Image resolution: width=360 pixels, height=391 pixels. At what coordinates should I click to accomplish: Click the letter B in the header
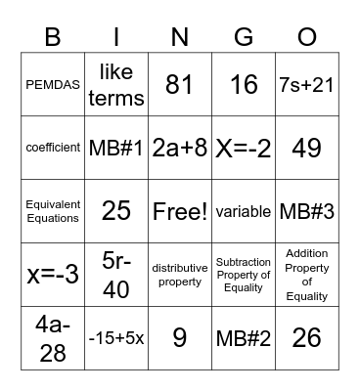[x=53, y=37]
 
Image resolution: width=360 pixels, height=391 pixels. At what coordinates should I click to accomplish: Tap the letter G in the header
[x=244, y=37]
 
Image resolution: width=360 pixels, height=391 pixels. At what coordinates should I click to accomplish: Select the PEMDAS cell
[x=53, y=85]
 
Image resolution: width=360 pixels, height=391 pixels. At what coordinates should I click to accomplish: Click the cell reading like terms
[x=116, y=85]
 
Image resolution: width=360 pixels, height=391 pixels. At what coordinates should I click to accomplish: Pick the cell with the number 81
[x=180, y=85]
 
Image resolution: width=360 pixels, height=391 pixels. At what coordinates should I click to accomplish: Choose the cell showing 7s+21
[x=307, y=85]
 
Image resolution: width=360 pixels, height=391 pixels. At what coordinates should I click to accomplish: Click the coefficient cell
[x=53, y=148]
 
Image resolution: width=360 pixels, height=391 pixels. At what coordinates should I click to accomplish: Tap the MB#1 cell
[x=116, y=148]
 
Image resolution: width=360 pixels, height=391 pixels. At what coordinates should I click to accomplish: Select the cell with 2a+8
[x=180, y=148]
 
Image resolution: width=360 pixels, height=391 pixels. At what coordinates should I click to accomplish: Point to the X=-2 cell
[x=244, y=148]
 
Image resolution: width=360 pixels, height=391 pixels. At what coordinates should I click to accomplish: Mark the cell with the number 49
[x=307, y=148]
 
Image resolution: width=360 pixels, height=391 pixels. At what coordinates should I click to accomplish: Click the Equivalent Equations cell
[x=53, y=211]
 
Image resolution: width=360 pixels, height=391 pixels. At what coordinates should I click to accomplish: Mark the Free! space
[x=180, y=211]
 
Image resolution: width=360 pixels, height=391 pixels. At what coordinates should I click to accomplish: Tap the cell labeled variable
[x=244, y=211]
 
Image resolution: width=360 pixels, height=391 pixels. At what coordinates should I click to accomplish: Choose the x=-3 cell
[x=53, y=275]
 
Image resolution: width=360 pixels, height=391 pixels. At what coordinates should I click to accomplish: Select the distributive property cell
[x=180, y=275]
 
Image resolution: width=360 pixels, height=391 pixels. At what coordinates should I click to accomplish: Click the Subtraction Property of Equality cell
[x=244, y=275]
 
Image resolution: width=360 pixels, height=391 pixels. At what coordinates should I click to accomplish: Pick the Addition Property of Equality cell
[x=307, y=275]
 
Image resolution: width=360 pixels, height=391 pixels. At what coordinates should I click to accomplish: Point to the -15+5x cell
[x=116, y=338]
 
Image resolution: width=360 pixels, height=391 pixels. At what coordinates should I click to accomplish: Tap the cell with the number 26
[x=307, y=338]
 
